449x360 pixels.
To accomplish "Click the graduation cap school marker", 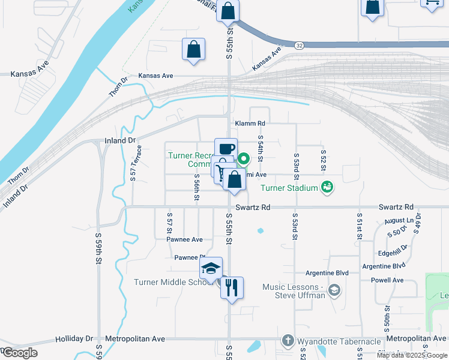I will coord(211,268).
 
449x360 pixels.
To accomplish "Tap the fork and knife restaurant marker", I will coord(231,287).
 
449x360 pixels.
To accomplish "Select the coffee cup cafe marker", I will coord(226,149).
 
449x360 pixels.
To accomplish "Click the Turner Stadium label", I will coord(289,188).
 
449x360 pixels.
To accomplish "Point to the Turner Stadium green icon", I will coord(327,187).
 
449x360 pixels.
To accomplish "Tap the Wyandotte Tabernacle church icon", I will coord(288,340).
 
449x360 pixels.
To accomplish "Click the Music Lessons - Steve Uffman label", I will coord(294,291).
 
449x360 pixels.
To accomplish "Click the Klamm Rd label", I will coord(250,124).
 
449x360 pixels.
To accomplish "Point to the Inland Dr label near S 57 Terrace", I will coord(120,141).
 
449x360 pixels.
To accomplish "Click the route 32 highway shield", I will coord(298,44).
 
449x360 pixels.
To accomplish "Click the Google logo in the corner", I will coord(19,352).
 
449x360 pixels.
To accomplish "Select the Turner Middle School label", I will coord(170,283).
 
